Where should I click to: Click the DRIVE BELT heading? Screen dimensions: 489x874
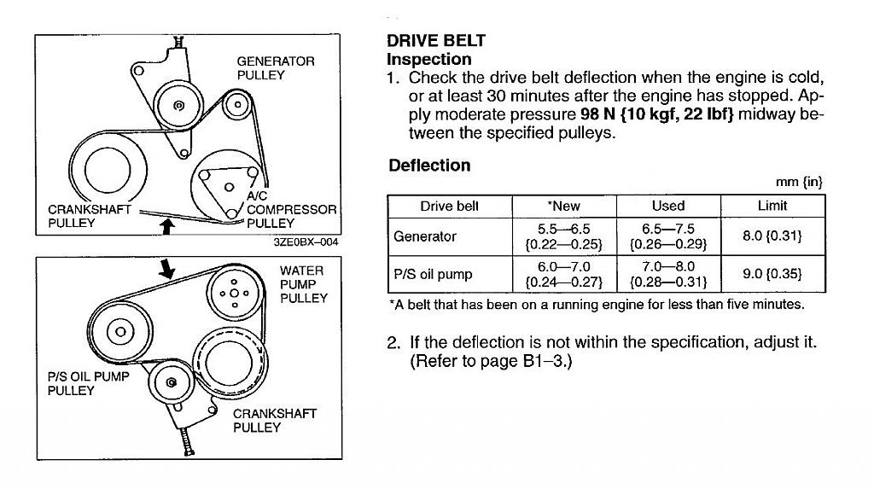coord(435,40)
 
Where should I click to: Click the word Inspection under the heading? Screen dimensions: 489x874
coord(428,60)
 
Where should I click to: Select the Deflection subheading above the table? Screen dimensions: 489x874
coord(429,166)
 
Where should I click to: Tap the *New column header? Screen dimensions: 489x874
coord(563,206)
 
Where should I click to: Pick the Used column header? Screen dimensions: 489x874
coord(667,206)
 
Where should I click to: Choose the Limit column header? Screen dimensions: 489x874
coord(772,206)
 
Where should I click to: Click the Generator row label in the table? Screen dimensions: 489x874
coord(425,236)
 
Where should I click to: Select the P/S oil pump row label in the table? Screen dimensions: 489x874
coord(433,274)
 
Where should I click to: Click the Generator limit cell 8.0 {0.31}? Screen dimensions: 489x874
coord(772,236)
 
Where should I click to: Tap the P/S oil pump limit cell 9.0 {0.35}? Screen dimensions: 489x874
coord(772,274)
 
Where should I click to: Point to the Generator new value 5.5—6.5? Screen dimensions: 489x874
coord(563,230)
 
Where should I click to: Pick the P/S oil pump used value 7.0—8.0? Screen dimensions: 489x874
coord(668,267)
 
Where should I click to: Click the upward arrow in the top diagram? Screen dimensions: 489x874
coord(169,225)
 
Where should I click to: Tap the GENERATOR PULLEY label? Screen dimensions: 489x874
coord(275,68)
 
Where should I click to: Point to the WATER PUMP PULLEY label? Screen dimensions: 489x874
coord(303,284)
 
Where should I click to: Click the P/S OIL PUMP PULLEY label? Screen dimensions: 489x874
coord(88,383)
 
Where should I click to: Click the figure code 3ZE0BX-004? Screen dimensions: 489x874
coord(305,242)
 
